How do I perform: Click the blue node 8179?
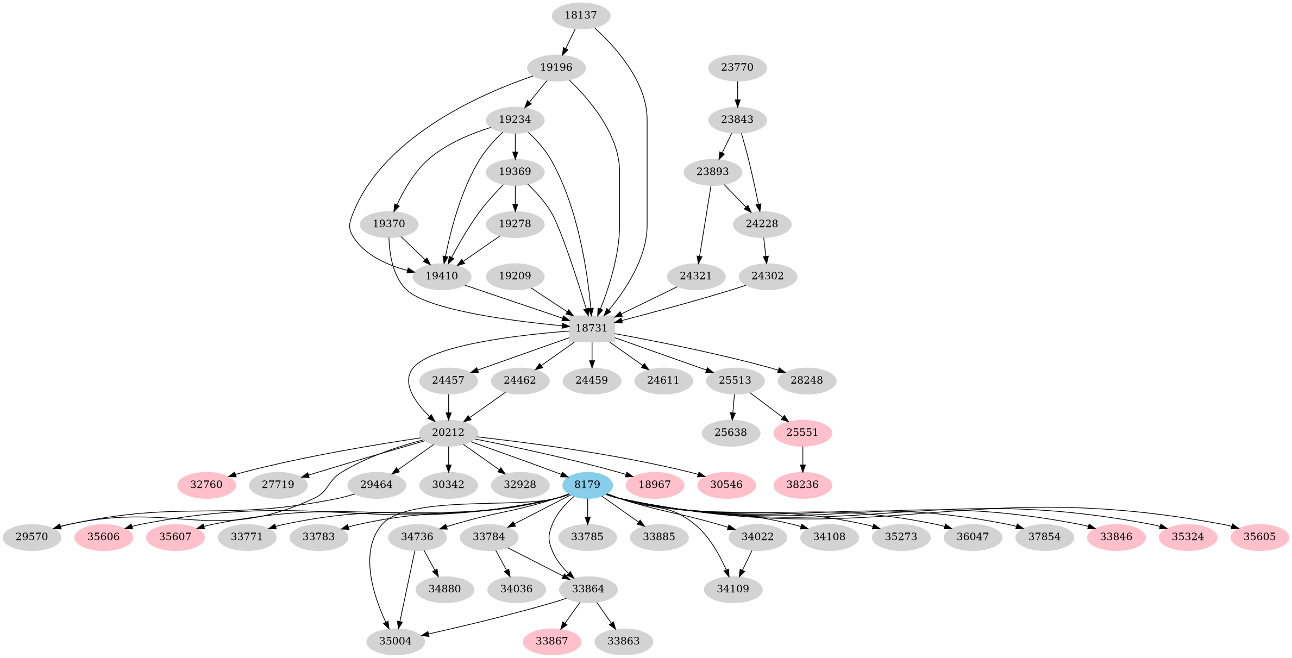(x=587, y=485)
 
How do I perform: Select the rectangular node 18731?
(x=592, y=328)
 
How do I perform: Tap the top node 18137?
(x=581, y=15)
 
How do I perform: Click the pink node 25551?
(x=802, y=433)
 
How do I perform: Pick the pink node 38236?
(x=802, y=485)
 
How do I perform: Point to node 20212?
(x=448, y=433)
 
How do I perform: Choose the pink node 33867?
(x=552, y=641)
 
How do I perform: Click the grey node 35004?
(x=396, y=641)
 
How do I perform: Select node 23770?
(x=737, y=67)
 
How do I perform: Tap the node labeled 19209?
(x=515, y=276)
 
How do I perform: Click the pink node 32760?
(x=206, y=485)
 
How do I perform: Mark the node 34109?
(x=733, y=589)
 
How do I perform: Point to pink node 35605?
(x=1260, y=537)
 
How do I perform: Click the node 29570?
(x=32, y=537)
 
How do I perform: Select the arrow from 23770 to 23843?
(x=737, y=93)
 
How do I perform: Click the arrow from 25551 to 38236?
(x=802, y=458)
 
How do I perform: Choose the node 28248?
(x=807, y=380)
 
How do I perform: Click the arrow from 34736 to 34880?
(x=430, y=563)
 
